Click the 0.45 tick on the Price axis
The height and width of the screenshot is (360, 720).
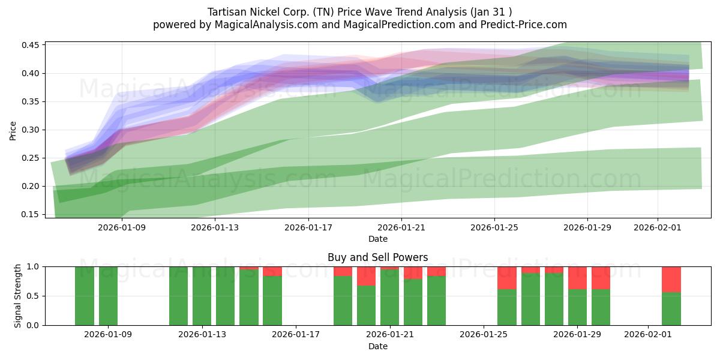tap(31, 46)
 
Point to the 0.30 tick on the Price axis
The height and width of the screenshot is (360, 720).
tap(31, 130)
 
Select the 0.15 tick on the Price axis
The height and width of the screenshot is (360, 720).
tap(31, 214)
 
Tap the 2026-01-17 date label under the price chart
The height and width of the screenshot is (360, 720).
tap(308, 227)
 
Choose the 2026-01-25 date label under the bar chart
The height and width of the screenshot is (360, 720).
tap(484, 335)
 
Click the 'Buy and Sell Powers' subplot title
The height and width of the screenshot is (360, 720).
tap(377, 257)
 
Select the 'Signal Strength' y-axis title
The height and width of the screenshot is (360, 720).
tap(18, 296)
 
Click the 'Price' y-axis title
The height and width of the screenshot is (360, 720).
tap(13, 130)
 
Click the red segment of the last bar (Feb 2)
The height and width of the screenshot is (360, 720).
tap(671, 279)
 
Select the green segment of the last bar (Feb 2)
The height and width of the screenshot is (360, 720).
tap(671, 309)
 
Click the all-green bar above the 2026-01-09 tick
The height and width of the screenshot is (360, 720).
tap(109, 296)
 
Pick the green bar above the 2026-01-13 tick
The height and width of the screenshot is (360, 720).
tap(202, 296)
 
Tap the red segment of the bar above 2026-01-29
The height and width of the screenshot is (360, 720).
tap(577, 278)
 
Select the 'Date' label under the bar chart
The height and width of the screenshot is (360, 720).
tap(377, 346)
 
